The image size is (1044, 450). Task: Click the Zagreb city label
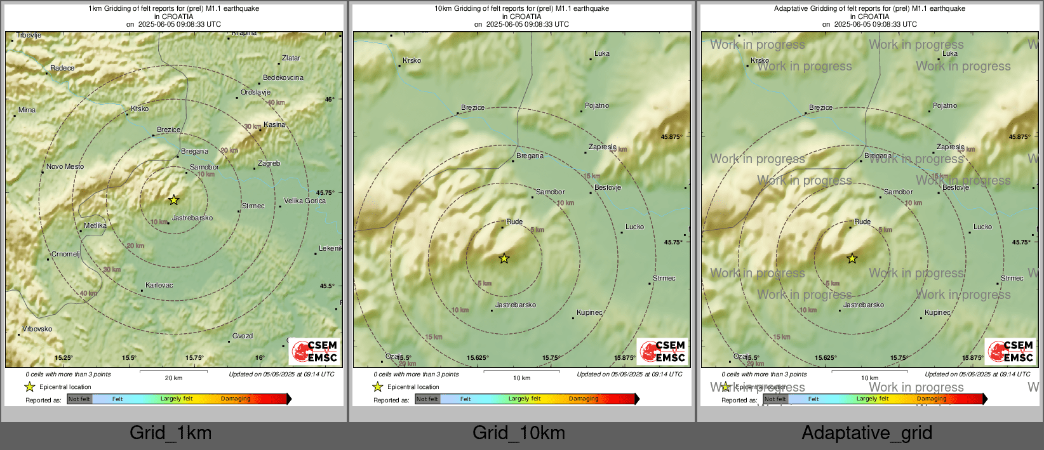click(x=269, y=164)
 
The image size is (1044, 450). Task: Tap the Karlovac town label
click(x=159, y=286)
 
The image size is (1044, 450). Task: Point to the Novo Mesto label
click(x=65, y=167)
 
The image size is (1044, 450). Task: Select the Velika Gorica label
click(x=305, y=201)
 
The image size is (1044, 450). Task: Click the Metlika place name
click(x=95, y=226)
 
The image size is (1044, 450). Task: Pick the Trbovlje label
click(x=29, y=36)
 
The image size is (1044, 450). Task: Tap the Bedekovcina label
click(x=283, y=78)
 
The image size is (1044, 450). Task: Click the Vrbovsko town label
click(x=37, y=329)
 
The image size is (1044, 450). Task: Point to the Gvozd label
click(x=243, y=336)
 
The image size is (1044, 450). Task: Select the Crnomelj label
click(x=65, y=255)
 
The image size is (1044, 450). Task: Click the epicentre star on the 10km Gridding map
click(x=504, y=258)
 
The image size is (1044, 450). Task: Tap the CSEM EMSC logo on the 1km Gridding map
click(x=315, y=352)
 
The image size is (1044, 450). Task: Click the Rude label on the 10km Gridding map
click(x=514, y=222)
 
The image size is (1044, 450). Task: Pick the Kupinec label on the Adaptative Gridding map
click(x=938, y=313)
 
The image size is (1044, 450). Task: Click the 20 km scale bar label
click(x=173, y=378)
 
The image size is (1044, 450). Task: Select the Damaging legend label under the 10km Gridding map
click(x=584, y=399)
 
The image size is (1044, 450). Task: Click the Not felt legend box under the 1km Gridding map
click(x=79, y=399)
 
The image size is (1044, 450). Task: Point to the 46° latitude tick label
click(x=329, y=100)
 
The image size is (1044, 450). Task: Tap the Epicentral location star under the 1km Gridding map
click(x=30, y=387)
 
